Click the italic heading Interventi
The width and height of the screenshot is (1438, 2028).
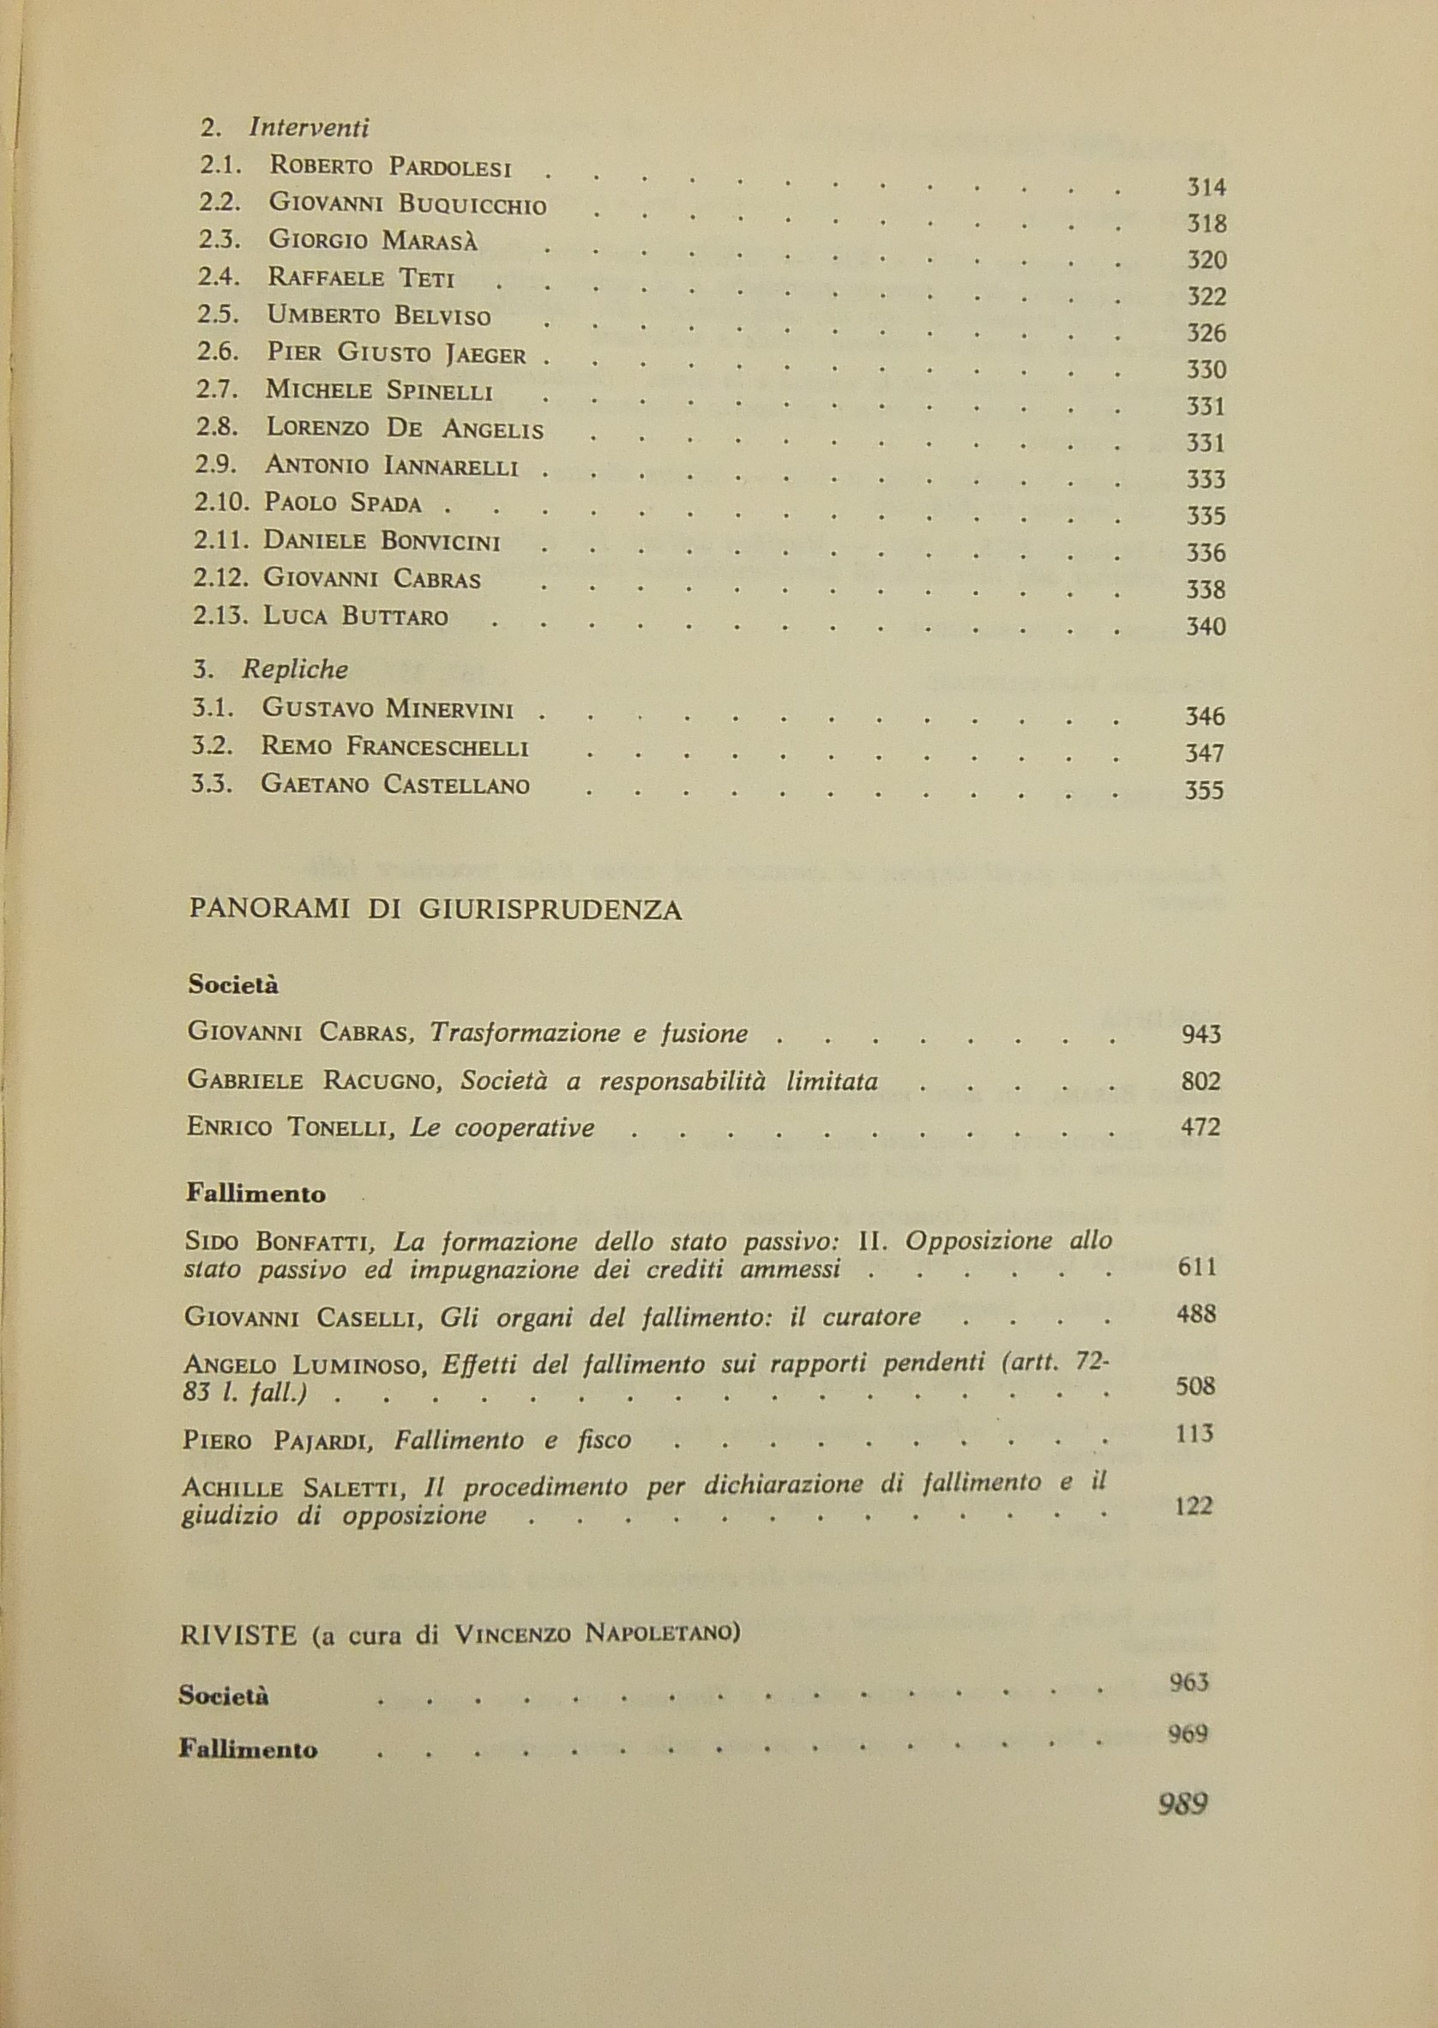(308, 129)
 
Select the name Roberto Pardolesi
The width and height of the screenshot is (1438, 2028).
(390, 165)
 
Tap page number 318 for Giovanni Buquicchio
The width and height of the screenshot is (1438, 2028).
(1206, 224)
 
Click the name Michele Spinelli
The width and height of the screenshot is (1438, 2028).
(379, 390)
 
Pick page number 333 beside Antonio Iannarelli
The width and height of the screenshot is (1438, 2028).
(1205, 480)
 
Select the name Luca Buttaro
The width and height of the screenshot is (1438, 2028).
(355, 617)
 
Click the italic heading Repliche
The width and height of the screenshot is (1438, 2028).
(295, 670)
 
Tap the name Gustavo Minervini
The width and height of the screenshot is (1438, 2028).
(388, 708)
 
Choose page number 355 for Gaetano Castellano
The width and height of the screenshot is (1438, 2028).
(1203, 789)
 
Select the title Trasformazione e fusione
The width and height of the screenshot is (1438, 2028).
(589, 1033)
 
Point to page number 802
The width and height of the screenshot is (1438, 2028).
(1200, 1081)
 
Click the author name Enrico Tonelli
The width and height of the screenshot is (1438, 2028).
(291, 1128)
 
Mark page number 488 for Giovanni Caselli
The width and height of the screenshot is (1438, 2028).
(1196, 1315)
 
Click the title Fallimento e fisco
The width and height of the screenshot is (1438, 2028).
(513, 1440)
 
